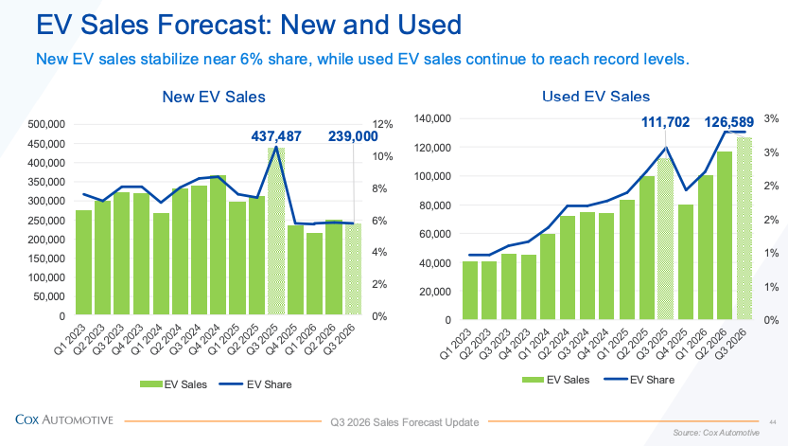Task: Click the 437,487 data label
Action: tap(276, 136)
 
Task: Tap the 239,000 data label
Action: tap(353, 136)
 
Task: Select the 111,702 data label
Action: tap(665, 122)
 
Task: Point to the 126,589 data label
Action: tap(729, 122)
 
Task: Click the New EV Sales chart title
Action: tap(214, 97)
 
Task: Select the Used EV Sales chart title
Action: tap(596, 96)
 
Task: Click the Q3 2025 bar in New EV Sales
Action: tap(276, 231)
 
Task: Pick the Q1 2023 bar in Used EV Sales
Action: tap(470, 290)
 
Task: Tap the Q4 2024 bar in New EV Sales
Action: tap(219, 245)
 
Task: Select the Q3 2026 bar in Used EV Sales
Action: tap(744, 228)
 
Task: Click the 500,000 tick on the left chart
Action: tap(46, 124)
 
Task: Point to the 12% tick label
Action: tap(382, 124)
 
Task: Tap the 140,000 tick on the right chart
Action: tap(432, 118)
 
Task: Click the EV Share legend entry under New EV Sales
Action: tap(255, 384)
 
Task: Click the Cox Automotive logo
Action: tap(64, 419)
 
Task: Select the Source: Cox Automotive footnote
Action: tap(716, 433)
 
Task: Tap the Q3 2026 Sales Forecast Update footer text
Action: tap(405, 422)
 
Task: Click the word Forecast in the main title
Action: tap(213, 24)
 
